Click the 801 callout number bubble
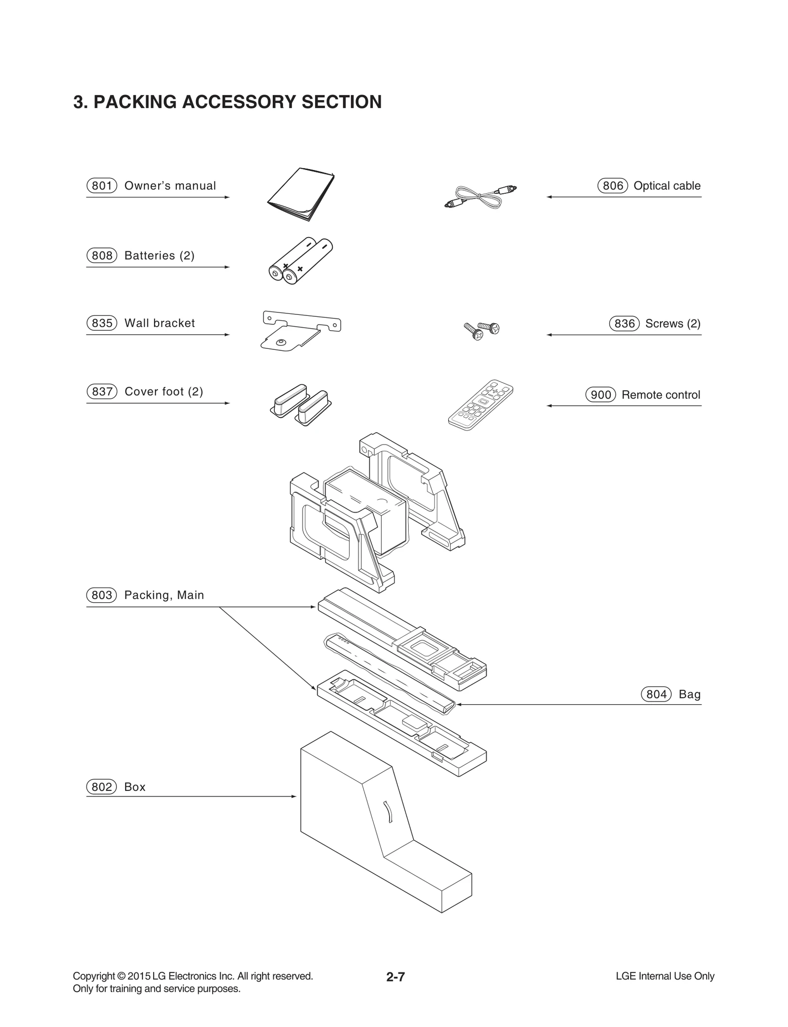click(101, 186)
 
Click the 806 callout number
click(612, 186)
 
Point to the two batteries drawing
click(300, 261)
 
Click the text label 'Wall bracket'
click(160, 323)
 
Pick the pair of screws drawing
click(482, 331)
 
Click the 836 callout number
click(624, 324)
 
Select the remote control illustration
click(480, 405)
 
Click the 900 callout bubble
click(600, 395)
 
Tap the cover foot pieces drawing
click(300, 405)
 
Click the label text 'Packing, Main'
click(164, 595)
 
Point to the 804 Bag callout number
click(656, 694)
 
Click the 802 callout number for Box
click(101, 787)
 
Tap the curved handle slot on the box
click(388, 811)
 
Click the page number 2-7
click(395, 977)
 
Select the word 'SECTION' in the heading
click(341, 102)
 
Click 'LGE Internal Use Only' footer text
click(664, 976)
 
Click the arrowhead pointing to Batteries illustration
click(227, 267)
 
